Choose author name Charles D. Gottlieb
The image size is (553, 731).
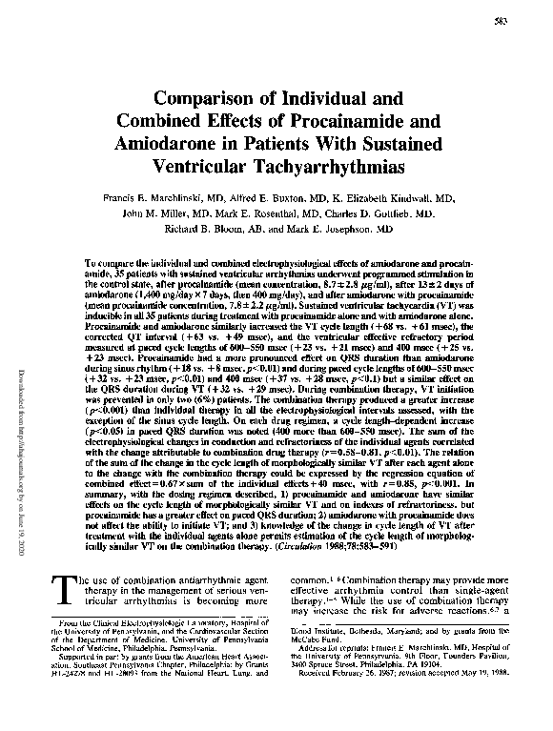point(389,214)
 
